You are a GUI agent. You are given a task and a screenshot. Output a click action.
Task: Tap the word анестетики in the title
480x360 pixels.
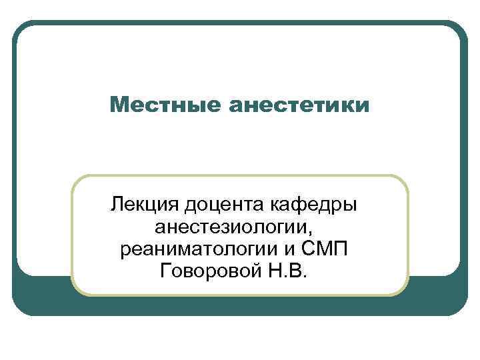297,105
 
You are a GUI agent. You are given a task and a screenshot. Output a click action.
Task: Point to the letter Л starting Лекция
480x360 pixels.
118,203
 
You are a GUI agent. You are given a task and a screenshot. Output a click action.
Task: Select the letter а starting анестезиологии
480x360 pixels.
159,227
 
